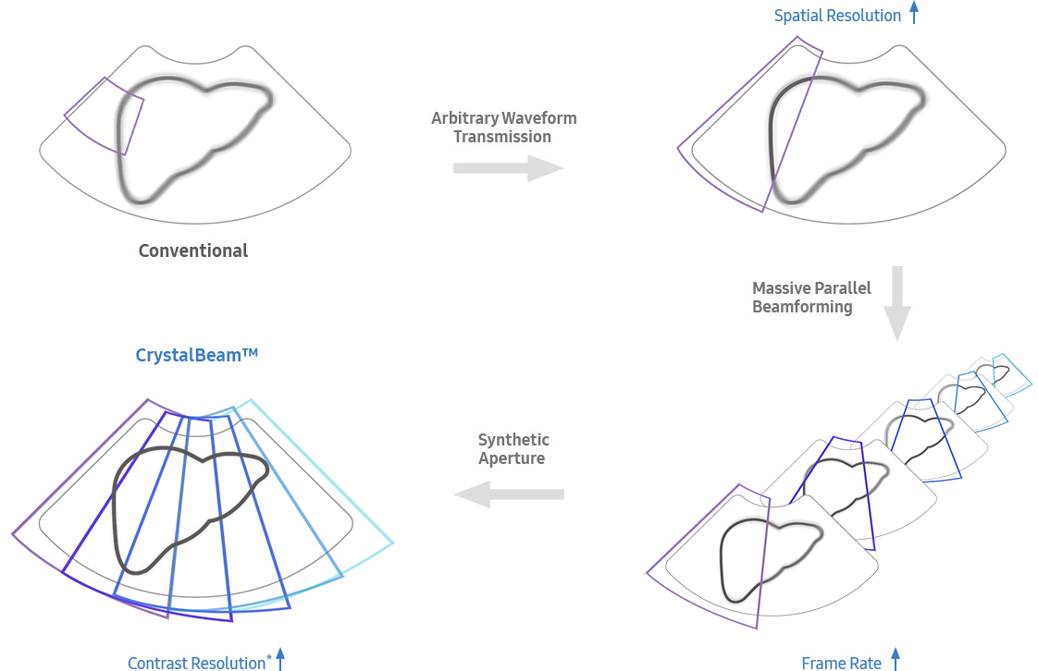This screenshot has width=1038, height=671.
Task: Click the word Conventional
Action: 192,250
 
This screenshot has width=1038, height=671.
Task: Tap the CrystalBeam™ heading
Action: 196,354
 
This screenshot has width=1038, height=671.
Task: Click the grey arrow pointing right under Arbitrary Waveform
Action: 508,167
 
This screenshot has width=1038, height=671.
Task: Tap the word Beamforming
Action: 802,307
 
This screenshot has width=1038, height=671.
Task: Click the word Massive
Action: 782,287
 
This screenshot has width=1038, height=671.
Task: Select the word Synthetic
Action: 513,439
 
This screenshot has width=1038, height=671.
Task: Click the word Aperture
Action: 512,458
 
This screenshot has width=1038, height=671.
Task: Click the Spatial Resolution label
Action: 837,16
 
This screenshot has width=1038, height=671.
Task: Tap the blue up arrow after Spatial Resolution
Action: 914,13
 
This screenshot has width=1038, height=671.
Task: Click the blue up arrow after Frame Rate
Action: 895,660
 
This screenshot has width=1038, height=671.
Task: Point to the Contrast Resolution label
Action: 196,663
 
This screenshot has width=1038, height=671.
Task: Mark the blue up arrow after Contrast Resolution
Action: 280,660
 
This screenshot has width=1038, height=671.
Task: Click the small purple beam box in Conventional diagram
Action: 104,116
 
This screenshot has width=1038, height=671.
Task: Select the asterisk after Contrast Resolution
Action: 269,657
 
